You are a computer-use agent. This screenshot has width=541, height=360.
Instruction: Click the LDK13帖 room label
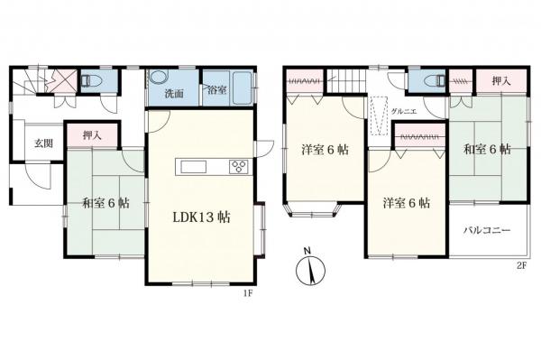[201, 217]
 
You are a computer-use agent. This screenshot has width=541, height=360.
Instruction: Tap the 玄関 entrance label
[43, 143]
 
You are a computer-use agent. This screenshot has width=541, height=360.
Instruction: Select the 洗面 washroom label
[174, 94]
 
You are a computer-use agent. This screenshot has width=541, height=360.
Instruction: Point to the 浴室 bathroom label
[217, 89]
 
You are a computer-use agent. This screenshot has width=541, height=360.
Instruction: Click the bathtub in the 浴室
[243, 88]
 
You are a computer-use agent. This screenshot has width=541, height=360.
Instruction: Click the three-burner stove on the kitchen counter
[239, 167]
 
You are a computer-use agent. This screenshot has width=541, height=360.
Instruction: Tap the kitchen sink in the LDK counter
[194, 167]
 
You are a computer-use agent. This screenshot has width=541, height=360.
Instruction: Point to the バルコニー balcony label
[487, 231]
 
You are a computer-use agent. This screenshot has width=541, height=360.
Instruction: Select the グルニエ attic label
[404, 112]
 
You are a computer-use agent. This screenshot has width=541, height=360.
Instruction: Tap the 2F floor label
[521, 265]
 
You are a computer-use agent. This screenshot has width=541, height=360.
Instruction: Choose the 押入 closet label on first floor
[93, 135]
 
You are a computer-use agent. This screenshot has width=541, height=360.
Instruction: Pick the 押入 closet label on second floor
[501, 81]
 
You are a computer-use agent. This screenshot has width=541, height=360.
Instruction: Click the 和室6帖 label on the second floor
[487, 150]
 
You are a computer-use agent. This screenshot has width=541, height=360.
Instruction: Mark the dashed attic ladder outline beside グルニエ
[379, 115]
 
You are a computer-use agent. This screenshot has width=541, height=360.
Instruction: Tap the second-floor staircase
[345, 81]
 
